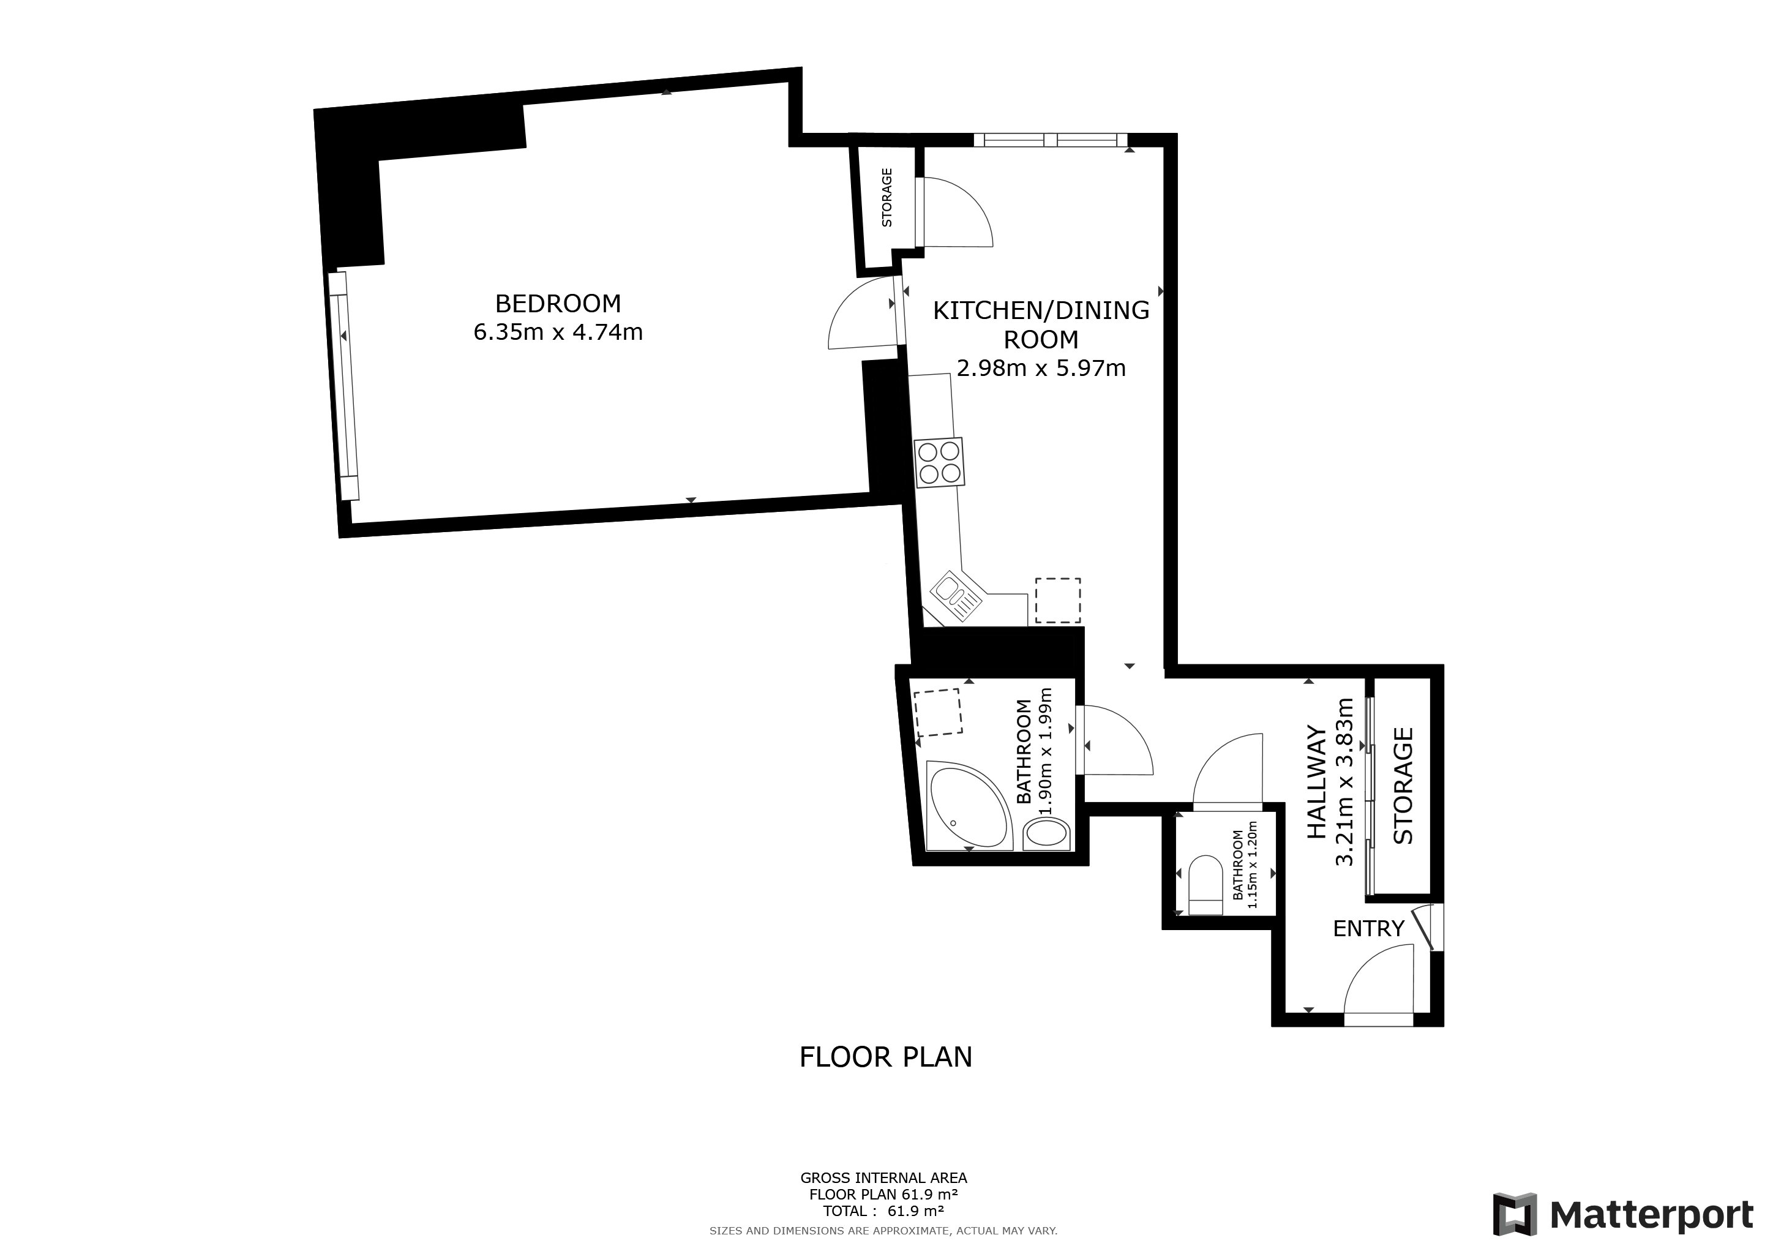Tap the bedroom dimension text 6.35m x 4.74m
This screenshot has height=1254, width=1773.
[x=558, y=332]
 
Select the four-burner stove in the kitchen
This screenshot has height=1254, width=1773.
[x=939, y=462]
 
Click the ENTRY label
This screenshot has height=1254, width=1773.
[x=1368, y=928]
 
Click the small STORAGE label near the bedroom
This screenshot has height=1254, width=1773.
[x=886, y=198]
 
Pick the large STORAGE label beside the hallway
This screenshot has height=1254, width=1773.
[x=1403, y=786]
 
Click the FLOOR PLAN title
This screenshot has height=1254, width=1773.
[x=886, y=1057]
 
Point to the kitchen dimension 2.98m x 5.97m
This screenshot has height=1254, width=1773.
[x=1041, y=369]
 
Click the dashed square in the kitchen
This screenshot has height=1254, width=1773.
[x=1058, y=600]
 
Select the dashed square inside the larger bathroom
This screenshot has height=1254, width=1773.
[x=939, y=713]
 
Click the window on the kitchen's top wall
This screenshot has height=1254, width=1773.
[x=1050, y=140]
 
